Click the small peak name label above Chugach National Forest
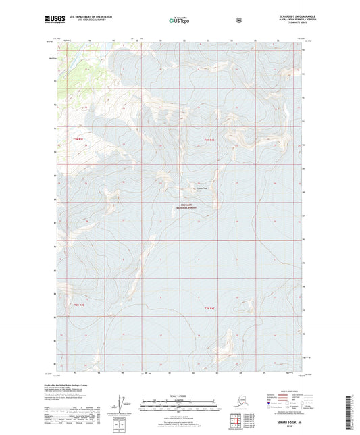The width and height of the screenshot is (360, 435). point(202,188)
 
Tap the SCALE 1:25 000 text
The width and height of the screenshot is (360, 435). point(179,395)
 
